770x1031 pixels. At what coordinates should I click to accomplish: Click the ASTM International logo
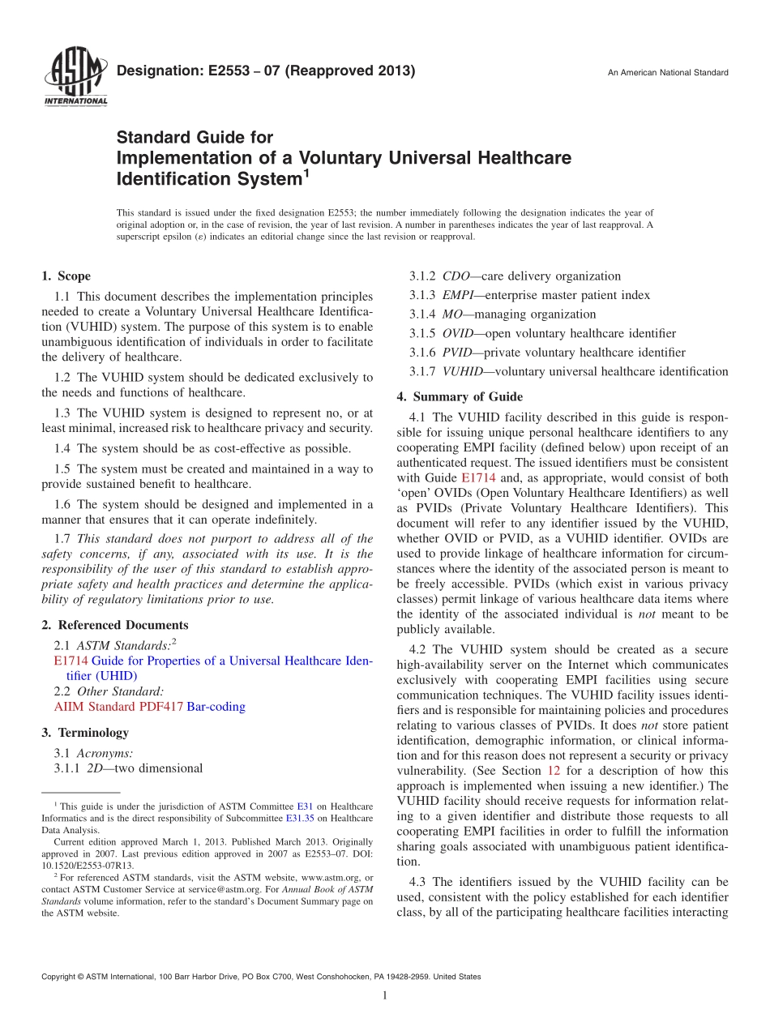point(75,77)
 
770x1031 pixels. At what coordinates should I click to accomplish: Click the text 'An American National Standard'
point(668,73)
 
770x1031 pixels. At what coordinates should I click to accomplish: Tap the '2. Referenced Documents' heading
point(114,625)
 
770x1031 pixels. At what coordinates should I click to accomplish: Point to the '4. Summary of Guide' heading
point(460,397)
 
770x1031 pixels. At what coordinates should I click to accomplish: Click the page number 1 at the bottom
point(385,996)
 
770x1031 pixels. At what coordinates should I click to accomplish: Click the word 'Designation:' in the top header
point(153,71)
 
